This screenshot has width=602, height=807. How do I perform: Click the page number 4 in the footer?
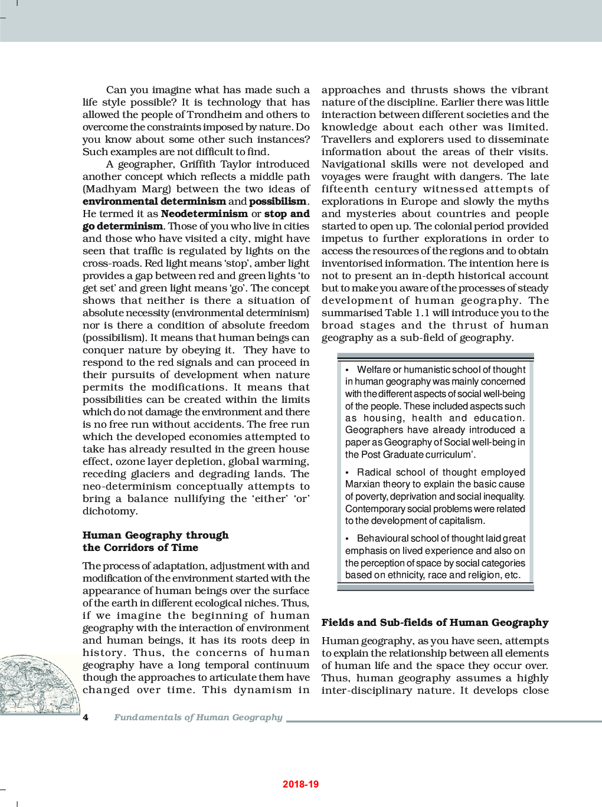click(x=86, y=717)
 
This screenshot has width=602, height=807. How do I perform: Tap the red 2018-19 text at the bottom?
click(x=300, y=784)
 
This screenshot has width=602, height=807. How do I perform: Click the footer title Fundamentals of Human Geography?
click(x=198, y=717)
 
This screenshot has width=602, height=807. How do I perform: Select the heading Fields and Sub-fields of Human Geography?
click(x=435, y=622)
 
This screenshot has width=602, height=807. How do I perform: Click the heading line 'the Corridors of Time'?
click(x=140, y=547)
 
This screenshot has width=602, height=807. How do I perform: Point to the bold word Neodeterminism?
click(x=204, y=214)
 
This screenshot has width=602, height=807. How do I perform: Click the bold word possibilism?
click(x=277, y=201)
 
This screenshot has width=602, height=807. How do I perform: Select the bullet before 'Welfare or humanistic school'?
click(x=348, y=370)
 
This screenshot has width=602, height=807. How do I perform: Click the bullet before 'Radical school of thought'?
click(x=348, y=473)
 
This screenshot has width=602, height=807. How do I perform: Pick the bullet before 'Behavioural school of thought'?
click(x=348, y=539)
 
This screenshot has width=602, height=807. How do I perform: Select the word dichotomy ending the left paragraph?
click(x=109, y=511)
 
